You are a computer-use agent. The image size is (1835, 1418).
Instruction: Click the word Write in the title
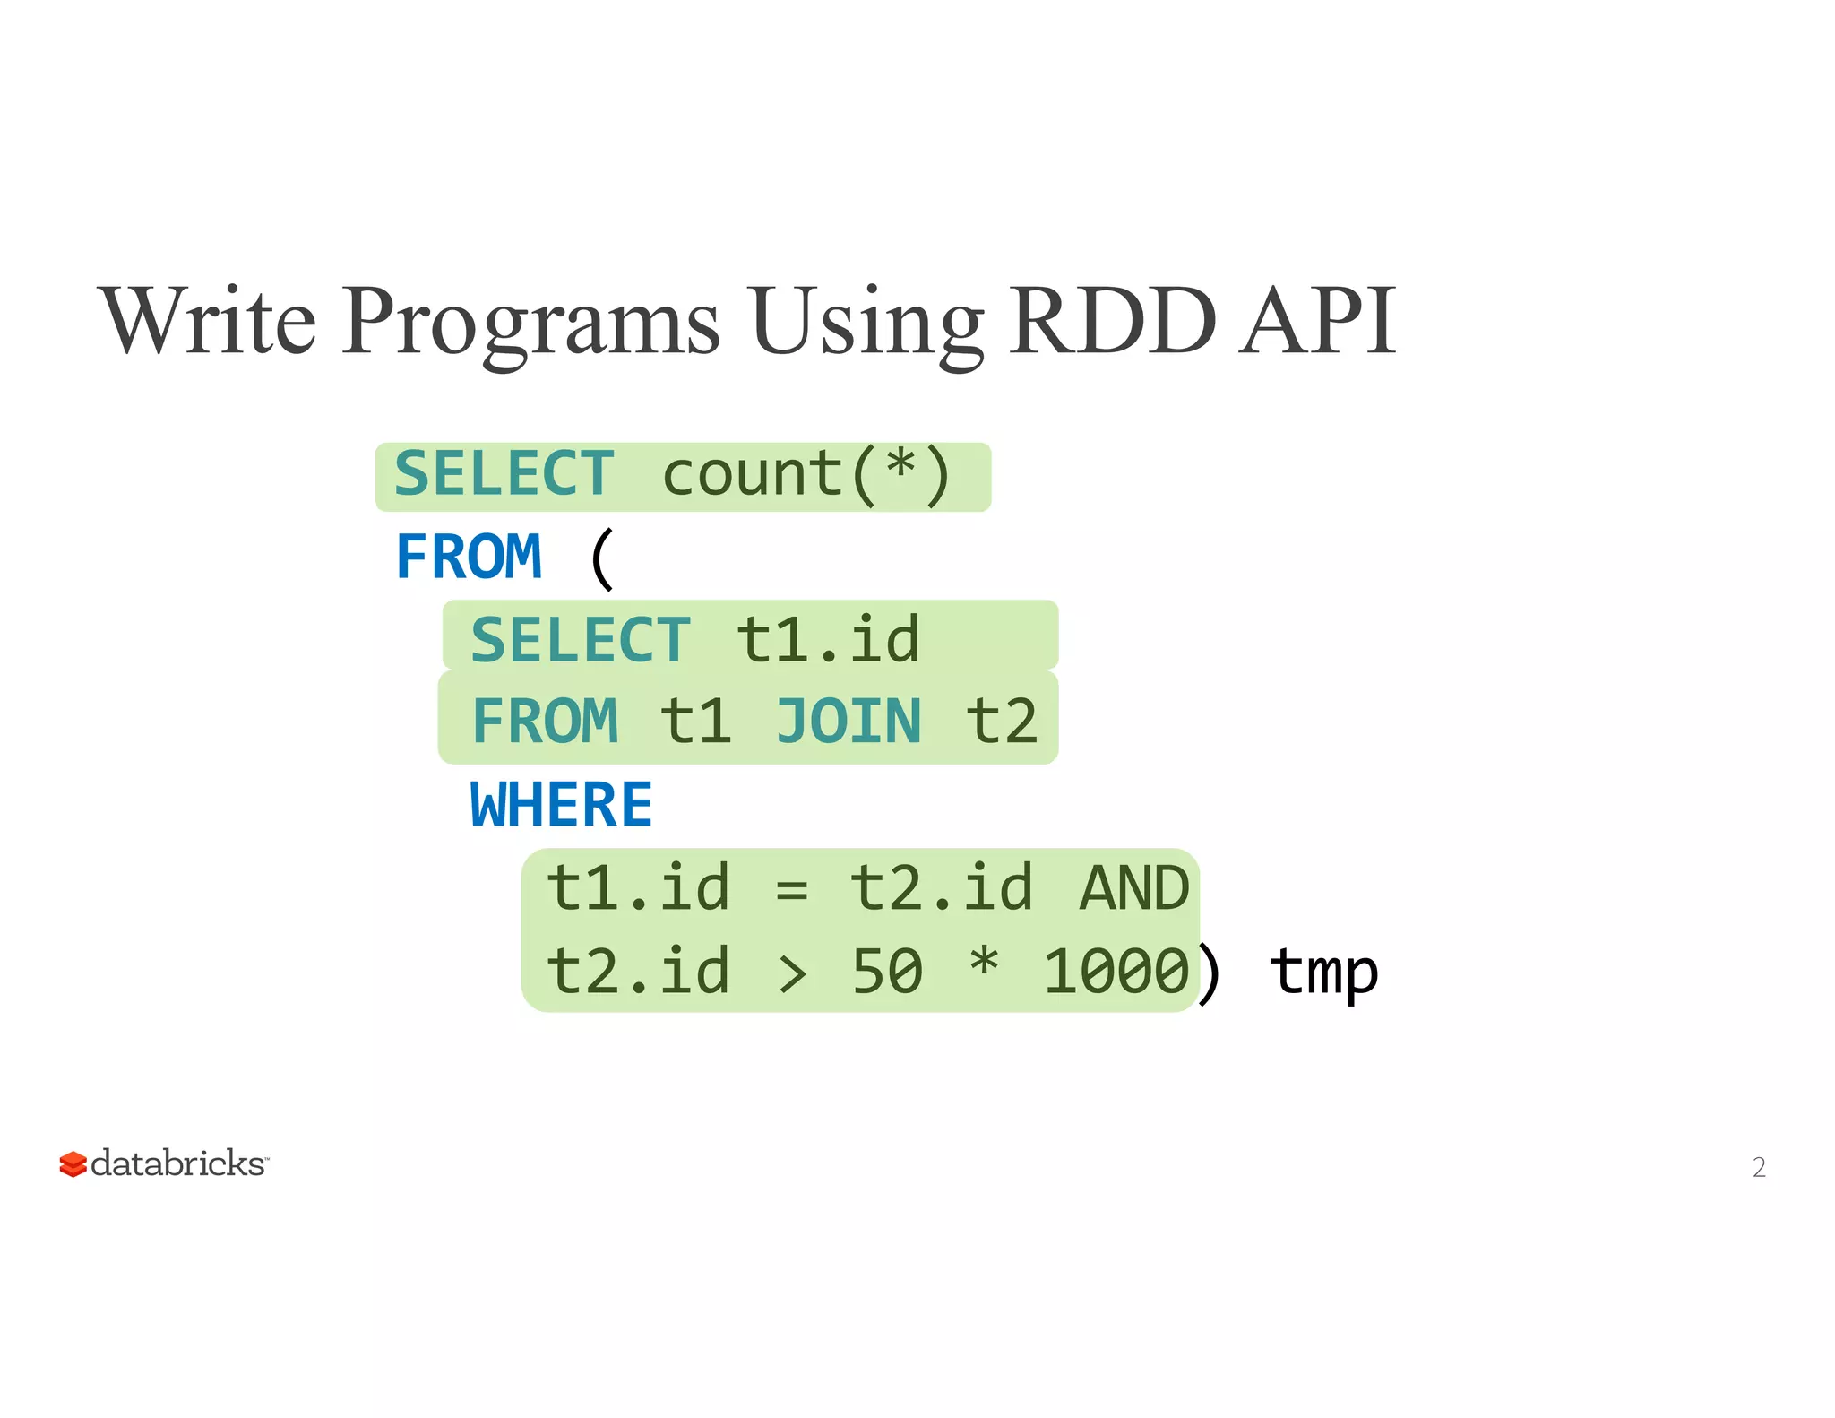click(x=209, y=321)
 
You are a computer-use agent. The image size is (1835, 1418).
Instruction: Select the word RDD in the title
click(x=1113, y=321)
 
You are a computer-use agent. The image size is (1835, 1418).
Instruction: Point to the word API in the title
click(x=1317, y=321)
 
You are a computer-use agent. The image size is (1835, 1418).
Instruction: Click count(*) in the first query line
click(x=806, y=475)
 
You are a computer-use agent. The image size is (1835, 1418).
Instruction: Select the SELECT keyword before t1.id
click(x=581, y=640)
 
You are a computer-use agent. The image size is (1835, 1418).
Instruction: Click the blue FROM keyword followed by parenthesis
click(x=469, y=557)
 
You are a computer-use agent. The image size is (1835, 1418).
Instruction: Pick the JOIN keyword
click(x=848, y=721)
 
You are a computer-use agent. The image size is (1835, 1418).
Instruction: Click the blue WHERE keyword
click(x=561, y=804)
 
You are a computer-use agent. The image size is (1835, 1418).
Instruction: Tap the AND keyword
click(x=1134, y=888)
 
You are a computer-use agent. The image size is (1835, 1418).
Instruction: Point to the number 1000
click(x=1116, y=971)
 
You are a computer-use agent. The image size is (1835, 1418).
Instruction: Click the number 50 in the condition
click(x=887, y=971)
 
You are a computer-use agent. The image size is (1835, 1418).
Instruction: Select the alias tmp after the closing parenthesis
click(x=1323, y=973)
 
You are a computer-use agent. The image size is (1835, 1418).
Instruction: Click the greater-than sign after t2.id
click(x=792, y=973)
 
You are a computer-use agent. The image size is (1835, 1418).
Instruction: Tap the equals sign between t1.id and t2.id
click(x=791, y=890)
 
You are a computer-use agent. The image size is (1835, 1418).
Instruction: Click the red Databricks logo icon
click(x=73, y=1164)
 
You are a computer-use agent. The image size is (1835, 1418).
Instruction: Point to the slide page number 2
click(x=1759, y=1167)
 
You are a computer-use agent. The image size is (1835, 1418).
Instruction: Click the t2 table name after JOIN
click(x=1002, y=721)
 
